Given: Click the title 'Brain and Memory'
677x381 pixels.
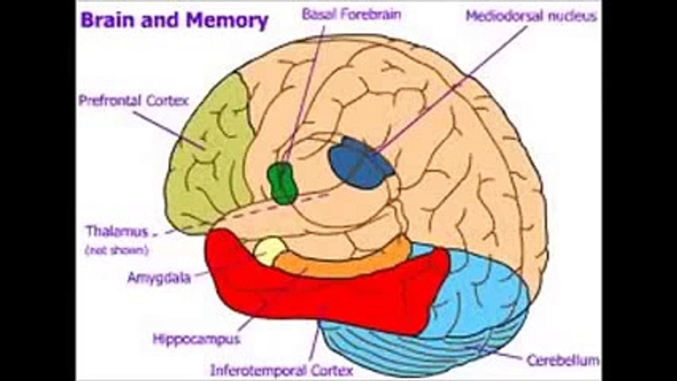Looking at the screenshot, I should click(174, 22).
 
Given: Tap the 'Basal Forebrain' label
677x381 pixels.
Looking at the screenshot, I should click(351, 14).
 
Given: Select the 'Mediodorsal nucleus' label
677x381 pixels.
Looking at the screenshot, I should click(531, 16).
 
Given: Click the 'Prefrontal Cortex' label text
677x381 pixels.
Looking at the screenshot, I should click(133, 101).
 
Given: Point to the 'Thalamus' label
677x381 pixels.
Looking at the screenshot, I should click(117, 231).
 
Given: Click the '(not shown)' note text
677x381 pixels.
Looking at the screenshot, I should click(117, 250).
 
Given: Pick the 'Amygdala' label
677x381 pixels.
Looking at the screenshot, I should click(159, 278).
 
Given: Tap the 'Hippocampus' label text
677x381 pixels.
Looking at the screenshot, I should click(197, 339).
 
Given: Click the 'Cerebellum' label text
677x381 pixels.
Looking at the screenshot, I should click(563, 361).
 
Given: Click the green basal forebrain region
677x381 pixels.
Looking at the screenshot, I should click(282, 183).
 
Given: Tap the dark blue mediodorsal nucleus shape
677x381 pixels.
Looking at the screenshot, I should click(360, 162).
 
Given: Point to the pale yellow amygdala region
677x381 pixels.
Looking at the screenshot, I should click(270, 250).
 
